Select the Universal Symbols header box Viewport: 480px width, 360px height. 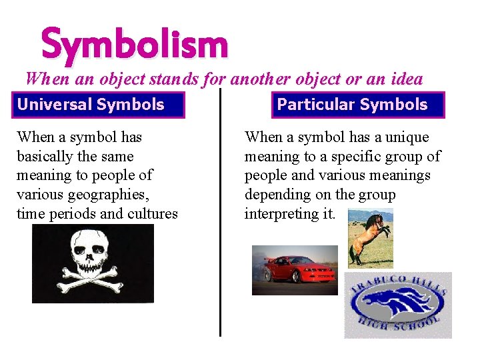point(91,105)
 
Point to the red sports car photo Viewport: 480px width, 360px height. point(294,270)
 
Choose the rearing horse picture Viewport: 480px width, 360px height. point(371,237)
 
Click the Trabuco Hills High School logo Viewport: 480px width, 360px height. point(398,305)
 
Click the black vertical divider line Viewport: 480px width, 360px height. point(220,213)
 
